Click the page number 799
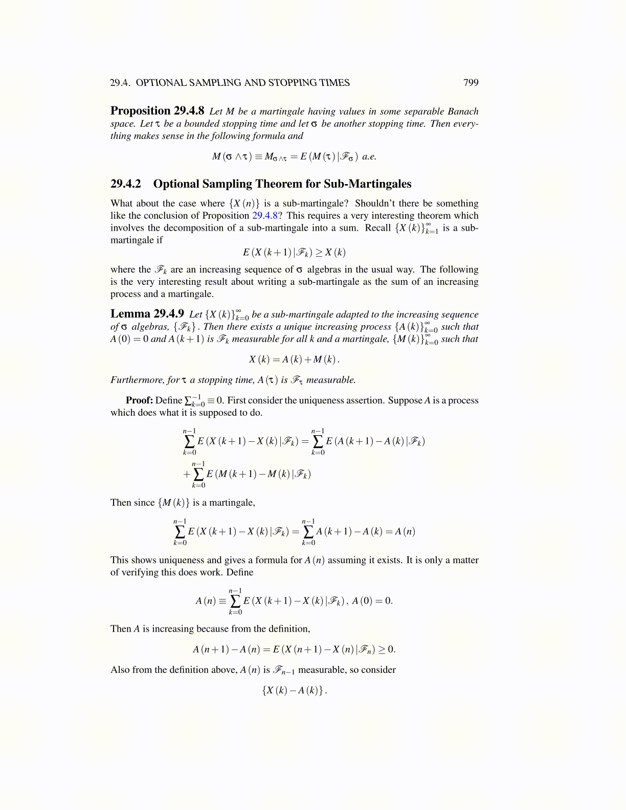471,83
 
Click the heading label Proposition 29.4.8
158,111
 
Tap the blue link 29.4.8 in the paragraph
265,216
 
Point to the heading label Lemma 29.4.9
147,314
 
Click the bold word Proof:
139,400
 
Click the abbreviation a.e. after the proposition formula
369,156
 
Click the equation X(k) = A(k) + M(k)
294,359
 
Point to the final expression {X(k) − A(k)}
294,690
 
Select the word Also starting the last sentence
120,670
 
